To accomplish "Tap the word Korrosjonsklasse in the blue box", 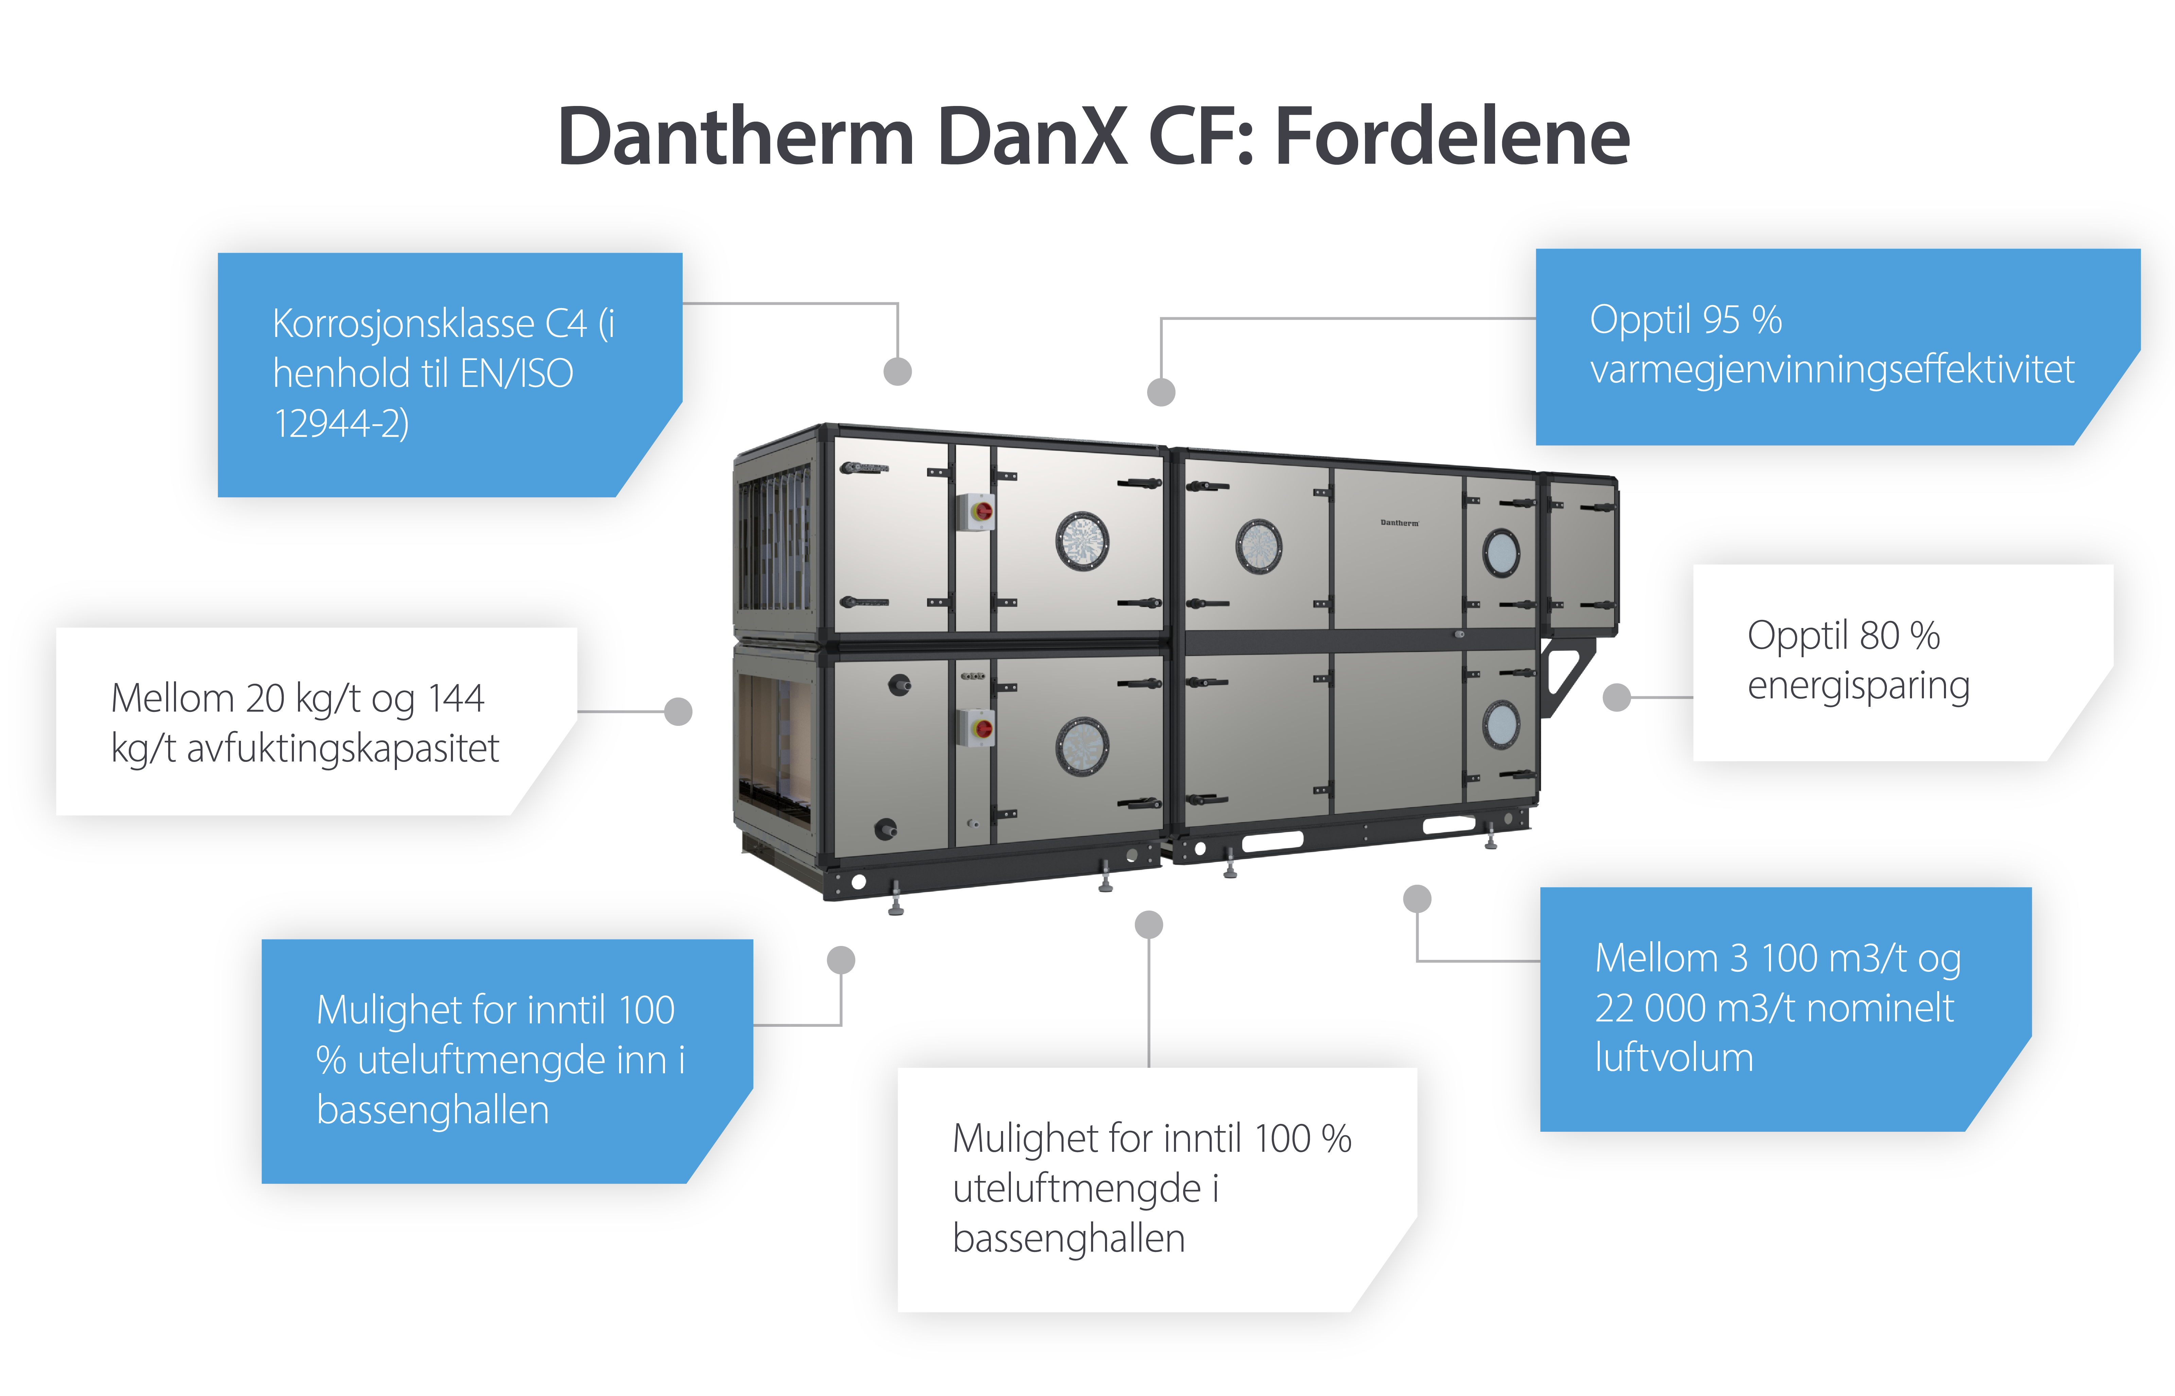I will [403, 324].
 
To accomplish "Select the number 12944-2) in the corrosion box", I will [341, 423].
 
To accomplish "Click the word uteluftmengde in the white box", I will [1076, 1188].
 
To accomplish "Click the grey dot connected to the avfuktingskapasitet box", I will [678, 712].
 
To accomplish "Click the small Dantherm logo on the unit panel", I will [1399, 523].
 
